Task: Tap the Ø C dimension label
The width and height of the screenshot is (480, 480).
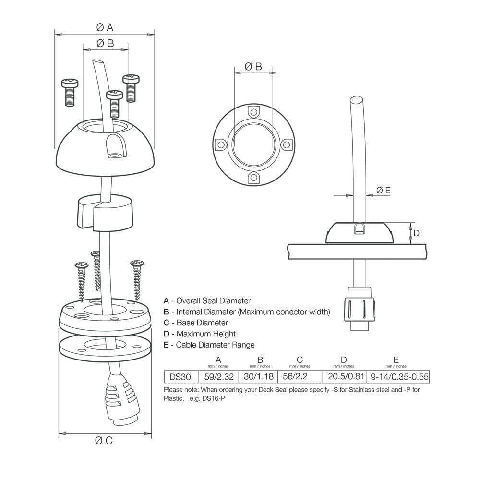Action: coord(104,441)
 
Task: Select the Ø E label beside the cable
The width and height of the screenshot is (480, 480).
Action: coord(384,191)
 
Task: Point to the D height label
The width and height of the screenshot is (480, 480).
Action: coord(417,233)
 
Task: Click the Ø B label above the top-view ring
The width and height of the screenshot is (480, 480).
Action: coord(253,67)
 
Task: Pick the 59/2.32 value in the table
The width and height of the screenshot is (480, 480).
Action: coord(218,377)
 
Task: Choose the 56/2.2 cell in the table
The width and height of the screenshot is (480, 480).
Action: coord(300,377)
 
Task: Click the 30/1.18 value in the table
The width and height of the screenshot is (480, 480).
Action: coord(260,377)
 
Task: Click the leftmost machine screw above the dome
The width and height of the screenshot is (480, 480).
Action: coord(70,92)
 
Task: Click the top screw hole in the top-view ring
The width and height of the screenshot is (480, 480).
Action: coord(253,112)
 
